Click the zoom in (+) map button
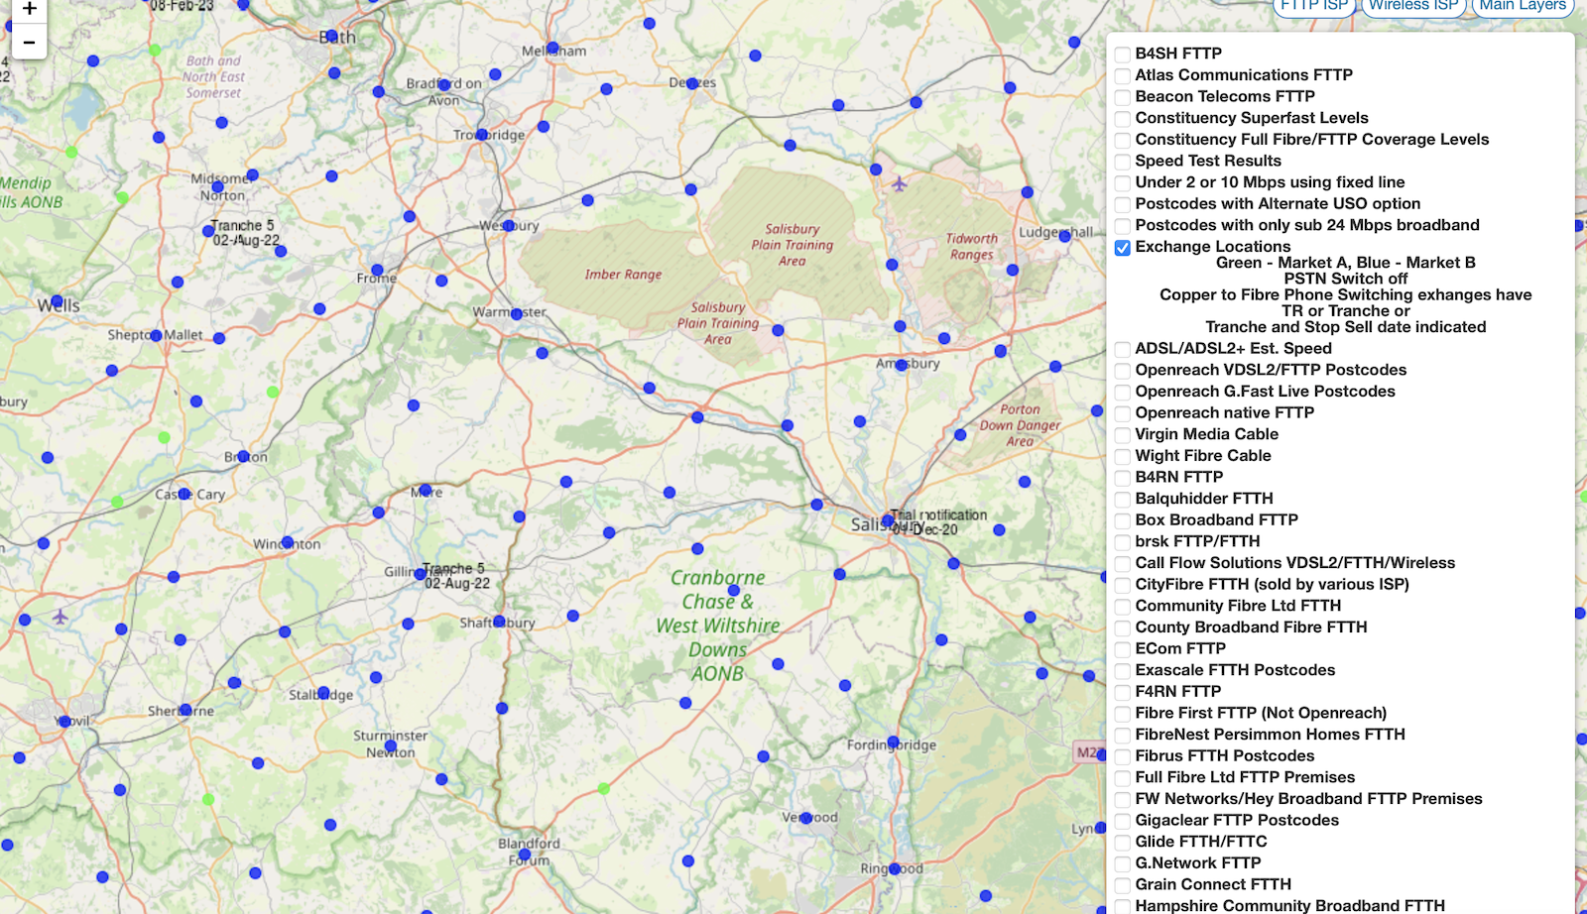[x=29, y=10]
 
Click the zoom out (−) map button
[x=29, y=43]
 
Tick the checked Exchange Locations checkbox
[x=1123, y=248]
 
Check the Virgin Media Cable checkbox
[x=1123, y=435]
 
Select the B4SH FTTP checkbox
[x=1123, y=55]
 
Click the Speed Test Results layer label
[x=1207, y=161]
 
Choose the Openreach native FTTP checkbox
[x=1123, y=413]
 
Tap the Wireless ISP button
[x=1413, y=6]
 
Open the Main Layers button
[x=1523, y=6]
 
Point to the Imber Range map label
[x=623, y=275]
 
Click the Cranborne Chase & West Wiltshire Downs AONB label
[x=717, y=626]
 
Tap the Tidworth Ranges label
[x=971, y=247]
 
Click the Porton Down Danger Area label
[x=1020, y=425]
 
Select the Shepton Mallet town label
[x=155, y=335]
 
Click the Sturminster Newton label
[x=391, y=743]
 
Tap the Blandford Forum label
[x=529, y=852]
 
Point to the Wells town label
[x=59, y=305]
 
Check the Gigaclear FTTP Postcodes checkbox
[x=1123, y=821]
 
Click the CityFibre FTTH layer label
[x=1272, y=584]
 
